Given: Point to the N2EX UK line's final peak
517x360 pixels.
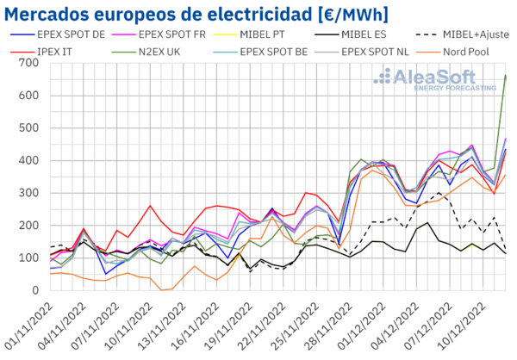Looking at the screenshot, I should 505,76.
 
